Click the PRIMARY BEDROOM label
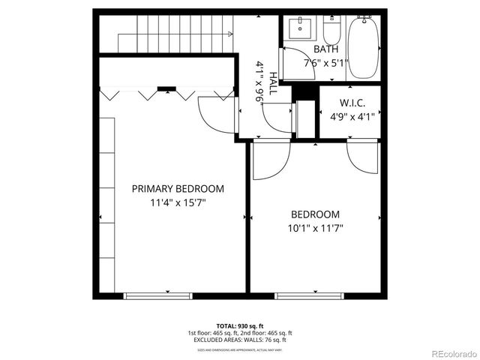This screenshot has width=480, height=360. [178, 189]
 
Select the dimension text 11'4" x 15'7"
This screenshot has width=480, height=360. [178, 203]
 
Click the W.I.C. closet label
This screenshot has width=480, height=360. [352, 102]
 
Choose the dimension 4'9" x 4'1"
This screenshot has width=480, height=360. [352, 116]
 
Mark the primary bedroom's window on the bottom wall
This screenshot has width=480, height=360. [152, 295]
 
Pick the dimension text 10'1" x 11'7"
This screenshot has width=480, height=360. [315, 228]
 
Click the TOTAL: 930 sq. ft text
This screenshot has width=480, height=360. [240, 326]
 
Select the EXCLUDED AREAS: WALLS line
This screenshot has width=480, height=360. [240, 339]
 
